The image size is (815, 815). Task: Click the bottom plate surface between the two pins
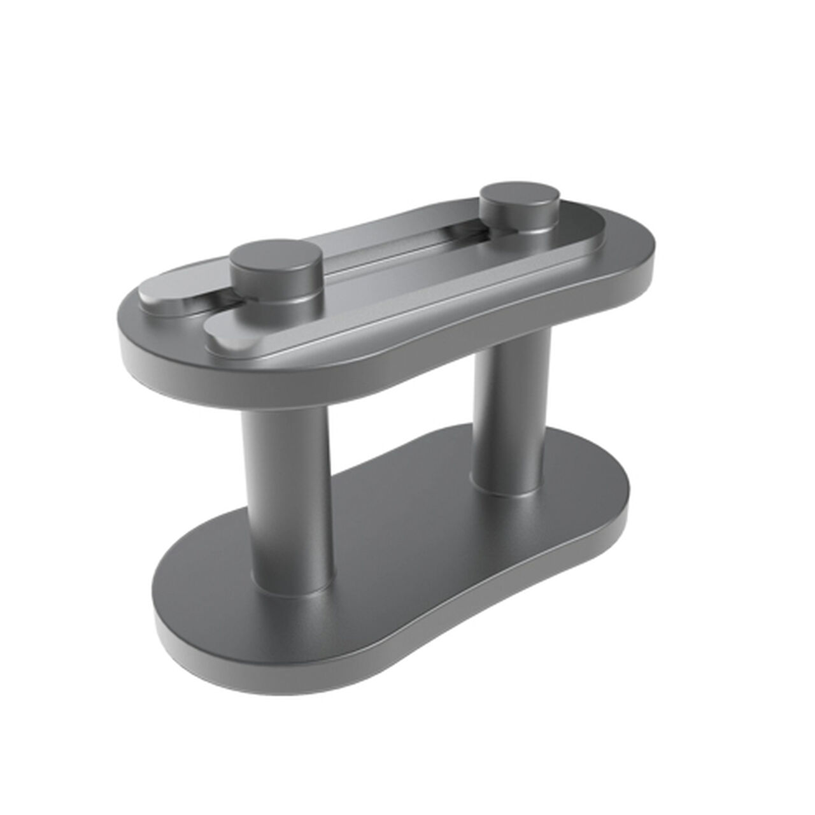click(x=407, y=528)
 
